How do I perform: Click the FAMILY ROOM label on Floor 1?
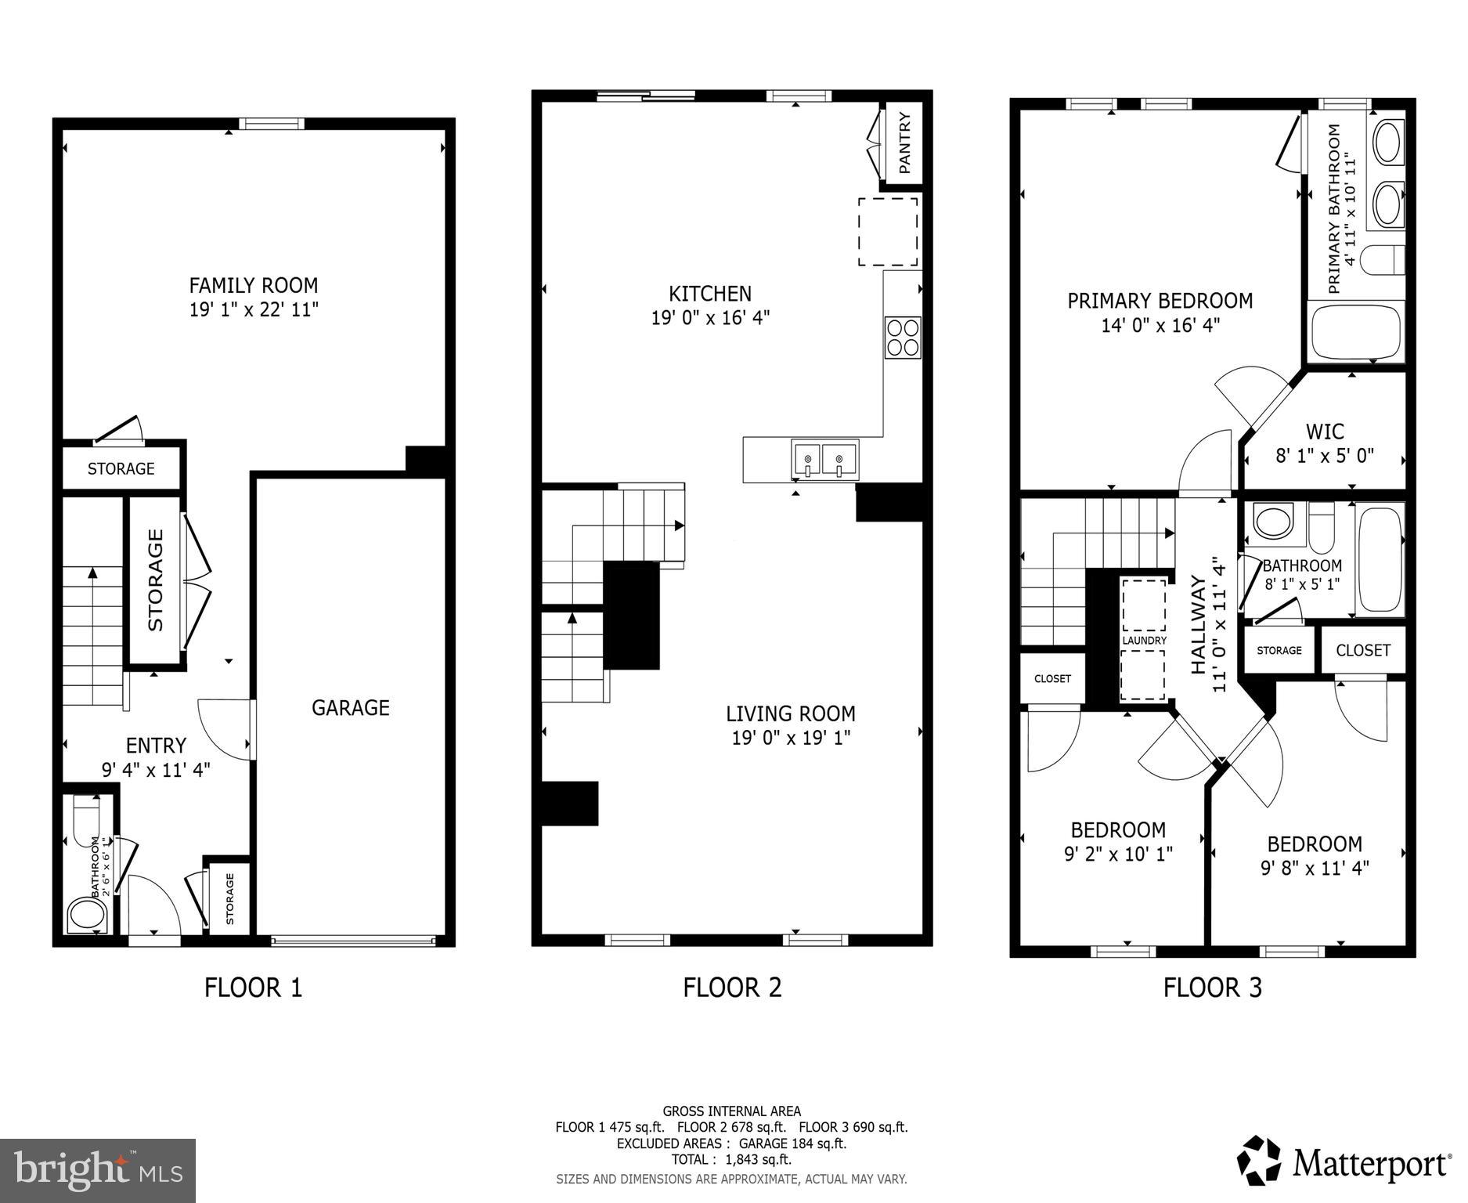[253, 285]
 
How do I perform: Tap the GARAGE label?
[350, 708]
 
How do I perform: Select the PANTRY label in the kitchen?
[904, 143]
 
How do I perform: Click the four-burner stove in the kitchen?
[903, 338]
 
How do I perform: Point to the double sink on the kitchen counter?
[824, 460]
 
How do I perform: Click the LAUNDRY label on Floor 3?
[1144, 641]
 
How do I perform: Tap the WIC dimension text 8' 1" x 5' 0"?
[1325, 456]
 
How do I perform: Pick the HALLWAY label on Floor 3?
[1199, 624]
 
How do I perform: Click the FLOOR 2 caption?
[732, 988]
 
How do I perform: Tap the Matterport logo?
[1344, 1163]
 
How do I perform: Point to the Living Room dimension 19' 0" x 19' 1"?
[791, 738]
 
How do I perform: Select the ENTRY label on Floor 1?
[156, 745]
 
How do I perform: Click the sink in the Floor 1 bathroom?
[86, 914]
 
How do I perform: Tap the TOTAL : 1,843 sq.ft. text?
[731, 1159]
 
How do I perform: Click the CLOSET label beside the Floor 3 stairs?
[1051, 679]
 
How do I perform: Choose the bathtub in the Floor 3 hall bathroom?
[1380, 559]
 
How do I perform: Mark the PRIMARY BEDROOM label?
[1160, 301]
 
